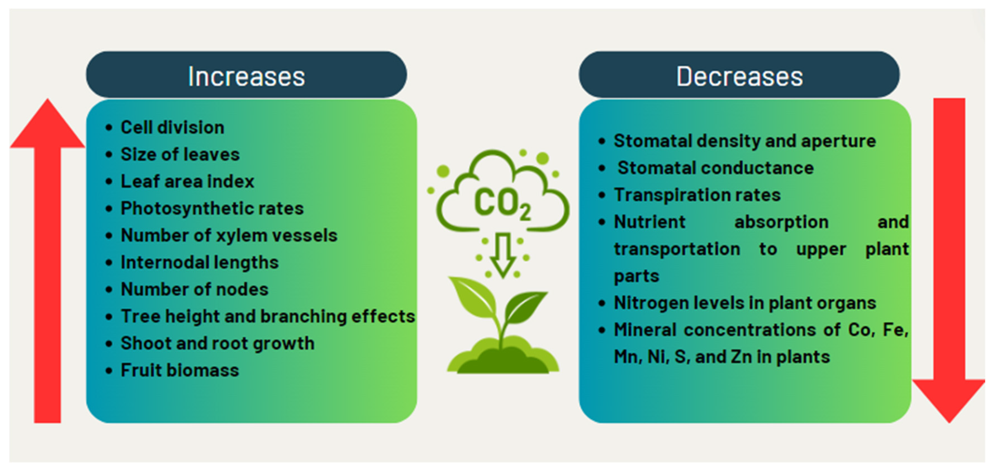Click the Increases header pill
(x=246, y=75)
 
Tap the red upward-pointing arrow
(x=47, y=261)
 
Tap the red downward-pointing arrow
(x=949, y=261)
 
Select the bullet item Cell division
(x=172, y=127)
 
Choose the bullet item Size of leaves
(x=180, y=154)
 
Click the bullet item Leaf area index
(x=187, y=181)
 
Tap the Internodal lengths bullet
(x=199, y=262)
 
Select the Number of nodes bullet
(x=194, y=289)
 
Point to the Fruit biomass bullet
(x=180, y=370)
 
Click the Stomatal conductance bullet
(x=715, y=168)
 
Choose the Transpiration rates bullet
(x=697, y=195)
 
